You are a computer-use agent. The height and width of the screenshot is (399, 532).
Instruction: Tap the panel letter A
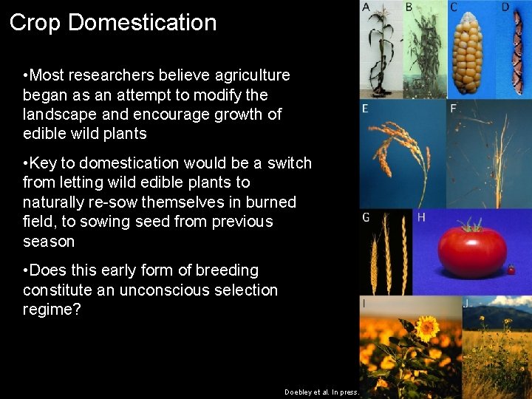366,7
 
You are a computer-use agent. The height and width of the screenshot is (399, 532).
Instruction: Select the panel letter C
454,7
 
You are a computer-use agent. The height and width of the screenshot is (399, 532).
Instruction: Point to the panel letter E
365,109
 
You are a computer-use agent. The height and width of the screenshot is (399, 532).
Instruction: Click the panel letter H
421,216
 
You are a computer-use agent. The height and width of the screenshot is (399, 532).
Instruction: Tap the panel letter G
366,216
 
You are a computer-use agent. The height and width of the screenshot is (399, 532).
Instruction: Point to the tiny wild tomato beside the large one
511,270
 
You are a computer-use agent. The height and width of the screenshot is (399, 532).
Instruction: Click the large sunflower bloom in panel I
426,327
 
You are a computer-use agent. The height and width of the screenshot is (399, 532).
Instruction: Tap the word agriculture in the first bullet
250,75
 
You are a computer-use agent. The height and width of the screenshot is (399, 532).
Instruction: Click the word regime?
52,310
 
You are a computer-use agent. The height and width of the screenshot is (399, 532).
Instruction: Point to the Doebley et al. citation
321,392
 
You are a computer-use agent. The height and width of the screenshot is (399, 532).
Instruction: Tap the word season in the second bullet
49,242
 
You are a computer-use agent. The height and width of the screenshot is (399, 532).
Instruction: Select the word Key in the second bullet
44,163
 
